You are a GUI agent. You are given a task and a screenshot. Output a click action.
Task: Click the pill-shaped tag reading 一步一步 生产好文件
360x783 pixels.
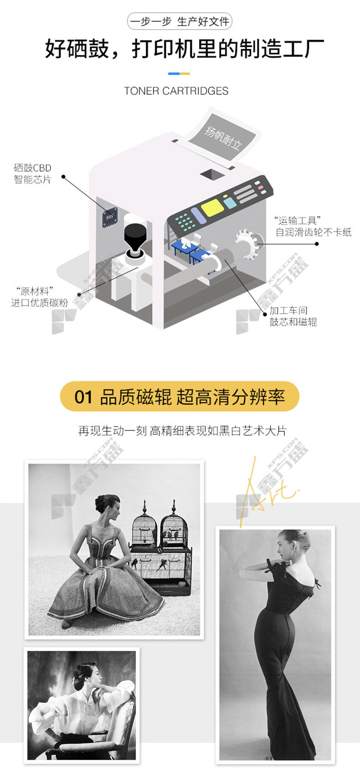tap(180, 21)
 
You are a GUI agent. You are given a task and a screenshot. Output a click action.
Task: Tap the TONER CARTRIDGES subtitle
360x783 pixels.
tap(176, 91)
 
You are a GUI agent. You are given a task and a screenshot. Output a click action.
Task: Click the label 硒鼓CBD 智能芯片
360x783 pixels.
tap(32, 174)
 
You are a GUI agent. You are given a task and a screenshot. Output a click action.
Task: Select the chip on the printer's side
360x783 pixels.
tap(110, 218)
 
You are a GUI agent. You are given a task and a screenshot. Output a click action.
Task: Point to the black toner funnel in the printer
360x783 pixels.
tap(135, 236)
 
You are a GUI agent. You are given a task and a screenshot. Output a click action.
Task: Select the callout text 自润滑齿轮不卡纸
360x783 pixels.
tap(314, 232)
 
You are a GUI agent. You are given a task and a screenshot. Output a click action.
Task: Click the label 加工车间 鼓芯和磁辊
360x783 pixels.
tap(293, 316)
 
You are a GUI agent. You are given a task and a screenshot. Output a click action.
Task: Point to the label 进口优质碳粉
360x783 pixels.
tap(40, 303)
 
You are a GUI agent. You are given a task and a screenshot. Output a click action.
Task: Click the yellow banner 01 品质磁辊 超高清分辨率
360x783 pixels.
tap(180, 397)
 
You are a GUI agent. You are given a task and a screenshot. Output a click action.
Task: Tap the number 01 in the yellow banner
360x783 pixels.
tap(83, 397)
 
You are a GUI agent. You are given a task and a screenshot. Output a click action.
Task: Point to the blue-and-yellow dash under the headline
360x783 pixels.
tap(179, 73)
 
